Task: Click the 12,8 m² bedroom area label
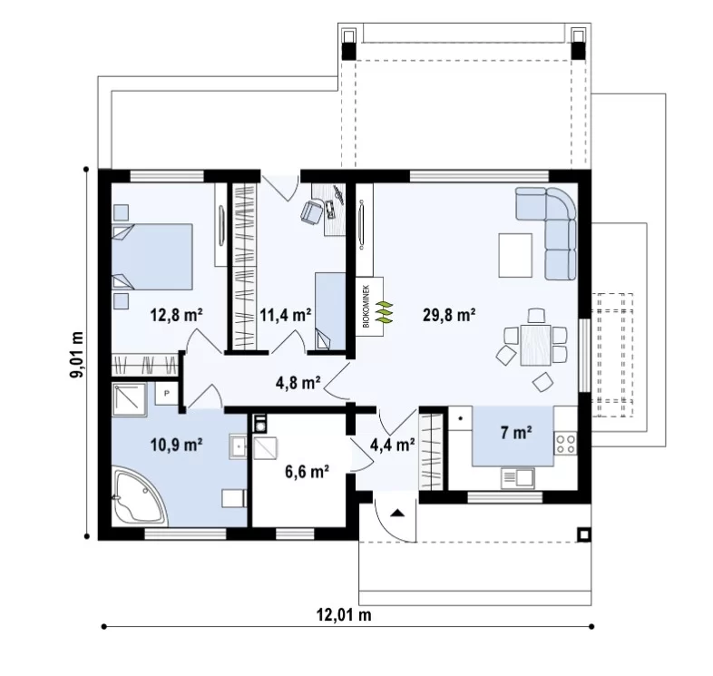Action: pyautogui.click(x=176, y=314)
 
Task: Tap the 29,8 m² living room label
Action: pyautogui.click(x=449, y=314)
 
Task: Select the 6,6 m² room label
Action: pyautogui.click(x=308, y=472)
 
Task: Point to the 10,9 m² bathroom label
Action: pyautogui.click(x=176, y=445)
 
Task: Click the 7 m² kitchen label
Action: pyautogui.click(x=516, y=432)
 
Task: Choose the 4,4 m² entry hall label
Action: pyautogui.click(x=393, y=445)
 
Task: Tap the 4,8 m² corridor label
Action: pyautogui.click(x=298, y=383)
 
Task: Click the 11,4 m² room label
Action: pyautogui.click(x=286, y=314)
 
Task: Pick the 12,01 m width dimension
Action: pyautogui.click(x=344, y=615)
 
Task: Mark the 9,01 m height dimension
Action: pyautogui.click(x=77, y=355)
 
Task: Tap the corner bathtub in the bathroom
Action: pyautogui.click(x=141, y=497)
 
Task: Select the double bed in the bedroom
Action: pyautogui.click(x=151, y=257)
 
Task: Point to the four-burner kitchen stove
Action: pyautogui.click(x=566, y=444)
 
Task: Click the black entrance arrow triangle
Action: pyautogui.click(x=398, y=514)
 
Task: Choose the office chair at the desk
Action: pyautogui.click(x=311, y=211)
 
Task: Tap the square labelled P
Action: pyautogui.click(x=166, y=393)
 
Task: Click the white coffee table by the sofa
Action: pyautogui.click(x=515, y=255)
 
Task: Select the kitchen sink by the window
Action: pyautogui.click(x=517, y=478)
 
